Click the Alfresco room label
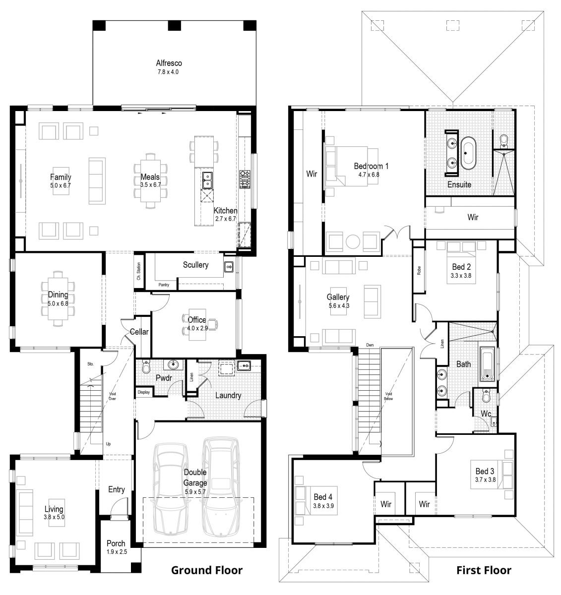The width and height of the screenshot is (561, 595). point(169,63)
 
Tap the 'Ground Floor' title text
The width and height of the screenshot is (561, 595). point(207,570)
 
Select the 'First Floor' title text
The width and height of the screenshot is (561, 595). point(484,570)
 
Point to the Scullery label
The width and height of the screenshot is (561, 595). point(195,265)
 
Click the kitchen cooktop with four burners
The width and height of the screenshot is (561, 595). point(245,179)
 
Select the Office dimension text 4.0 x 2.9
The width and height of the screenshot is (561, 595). point(197,328)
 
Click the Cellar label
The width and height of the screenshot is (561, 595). point(139,332)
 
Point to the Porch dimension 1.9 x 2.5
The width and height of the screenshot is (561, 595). point(116,551)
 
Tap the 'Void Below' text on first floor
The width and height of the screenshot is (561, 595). point(388,396)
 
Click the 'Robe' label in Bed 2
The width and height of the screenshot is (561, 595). point(419,271)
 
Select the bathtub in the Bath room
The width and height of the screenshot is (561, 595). point(487,364)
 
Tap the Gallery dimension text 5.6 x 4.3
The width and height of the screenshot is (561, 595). point(338,306)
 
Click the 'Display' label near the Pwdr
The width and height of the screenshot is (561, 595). point(143,392)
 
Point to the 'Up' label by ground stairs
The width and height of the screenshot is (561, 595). point(108,444)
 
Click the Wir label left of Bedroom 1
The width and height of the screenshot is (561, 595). point(312,174)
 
